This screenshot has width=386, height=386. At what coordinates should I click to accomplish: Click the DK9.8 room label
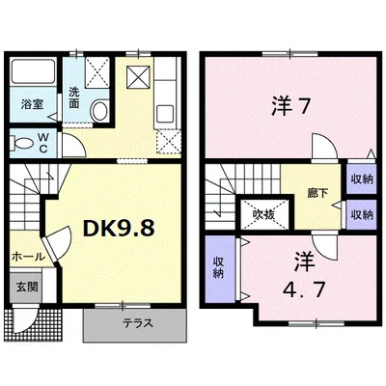pyautogui.click(x=119, y=228)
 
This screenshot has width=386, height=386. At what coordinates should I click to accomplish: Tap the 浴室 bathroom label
pyautogui.click(x=33, y=104)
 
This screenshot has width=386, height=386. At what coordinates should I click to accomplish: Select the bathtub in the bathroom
pyautogui.click(x=33, y=72)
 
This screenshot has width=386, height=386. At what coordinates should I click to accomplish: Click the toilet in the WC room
pyautogui.click(x=21, y=143)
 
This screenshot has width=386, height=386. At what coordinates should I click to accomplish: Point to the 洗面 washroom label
pyautogui.click(x=74, y=97)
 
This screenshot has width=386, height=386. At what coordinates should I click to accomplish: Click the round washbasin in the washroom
pyautogui.click(x=99, y=110)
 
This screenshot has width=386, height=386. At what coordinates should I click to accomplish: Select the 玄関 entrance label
pyautogui.click(x=27, y=287)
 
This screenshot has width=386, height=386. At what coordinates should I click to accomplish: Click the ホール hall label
pyautogui.click(x=28, y=257)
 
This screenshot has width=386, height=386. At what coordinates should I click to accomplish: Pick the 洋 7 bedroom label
pyautogui.click(x=291, y=106)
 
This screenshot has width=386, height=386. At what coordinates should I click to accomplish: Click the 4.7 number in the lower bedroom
pyautogui.click(x=304, y=289)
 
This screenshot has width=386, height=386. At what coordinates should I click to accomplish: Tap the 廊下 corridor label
pyautogui.click(x=317, y=193)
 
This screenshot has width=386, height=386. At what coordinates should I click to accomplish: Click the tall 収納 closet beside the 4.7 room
pyautogui.click(x=220, y=269)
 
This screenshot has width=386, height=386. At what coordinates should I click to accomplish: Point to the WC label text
pyautogui.click(x=43, y=143)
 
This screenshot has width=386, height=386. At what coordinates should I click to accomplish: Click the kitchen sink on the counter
pyautogui.click(x=165, y=114)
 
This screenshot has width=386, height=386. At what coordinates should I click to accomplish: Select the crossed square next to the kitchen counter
pyautogui.click(x=138, y=77)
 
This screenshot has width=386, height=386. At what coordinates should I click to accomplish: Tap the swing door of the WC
pyautogui.click(x=74, y=146)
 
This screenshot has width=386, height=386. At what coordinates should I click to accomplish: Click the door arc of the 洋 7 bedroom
pyautogui.click(x=325, y=147)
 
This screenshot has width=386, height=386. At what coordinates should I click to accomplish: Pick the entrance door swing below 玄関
pyautogui.click(x=26, y=320)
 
